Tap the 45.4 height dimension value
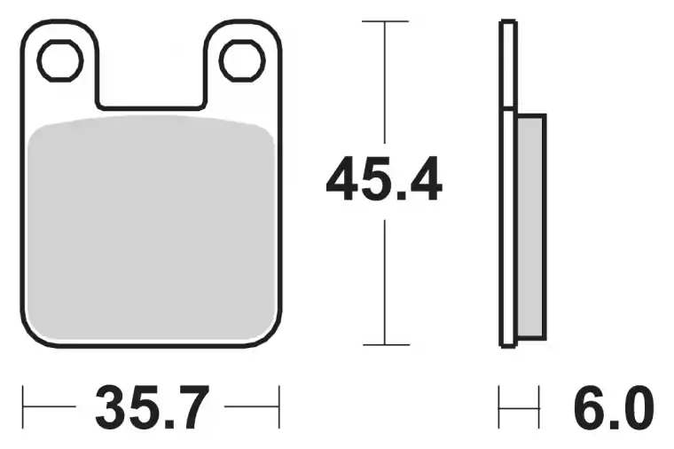tap(384, 179)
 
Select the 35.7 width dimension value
tap(153, 407)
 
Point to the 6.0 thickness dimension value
tap(614, 407)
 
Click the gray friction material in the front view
tap(152, 228)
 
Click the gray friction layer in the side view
tap(531, 226)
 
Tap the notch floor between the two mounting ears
tap(151, 107)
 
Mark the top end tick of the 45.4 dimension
tap(385, 21)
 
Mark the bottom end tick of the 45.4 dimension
tap(386, 344)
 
